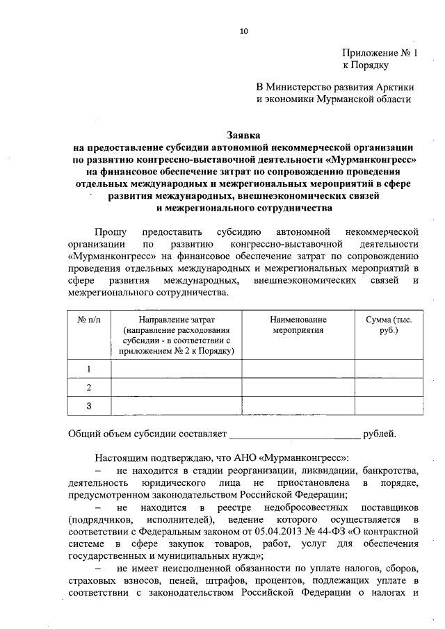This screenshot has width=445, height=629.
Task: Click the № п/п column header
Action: pyautogui.click(x=88, y=319)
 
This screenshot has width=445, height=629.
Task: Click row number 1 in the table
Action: pyautogui.click(x=88, y=369)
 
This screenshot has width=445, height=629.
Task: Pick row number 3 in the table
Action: pyautogui.click(x=88, y=406)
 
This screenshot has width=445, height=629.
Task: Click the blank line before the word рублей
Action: pyautogui.click(x=295, y=435)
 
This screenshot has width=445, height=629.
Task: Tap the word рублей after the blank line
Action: pyautogui.click(x=380, y=435)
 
